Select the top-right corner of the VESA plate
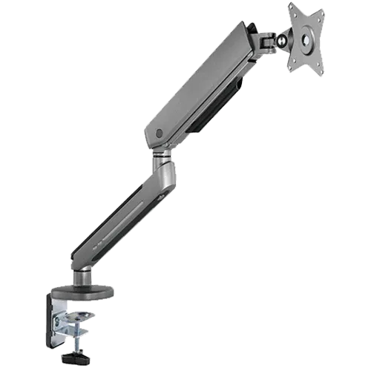point(324,10)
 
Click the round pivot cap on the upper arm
point(160,134)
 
